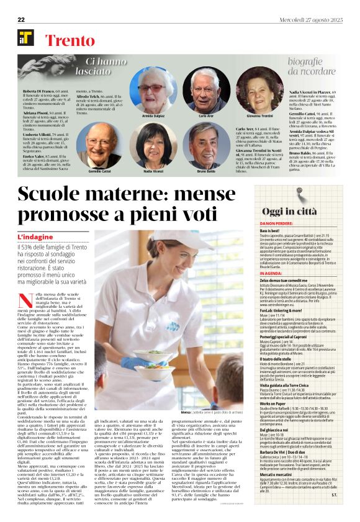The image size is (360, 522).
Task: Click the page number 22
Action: pos(20,20)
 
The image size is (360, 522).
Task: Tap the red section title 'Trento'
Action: pos(66,39)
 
